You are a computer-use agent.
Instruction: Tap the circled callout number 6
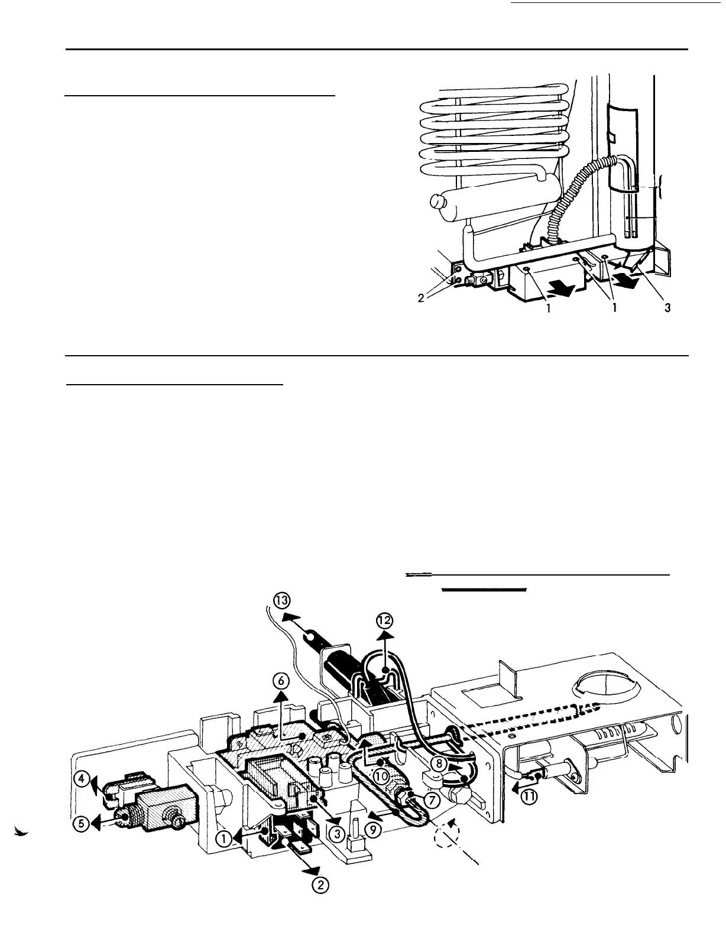coord(281,681)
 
